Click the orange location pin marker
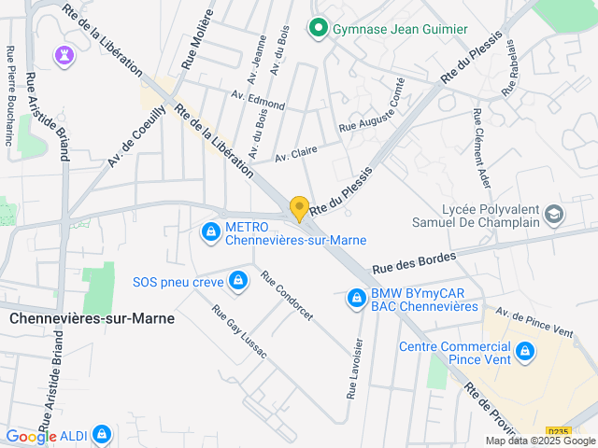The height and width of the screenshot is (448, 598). [x=299, y=209]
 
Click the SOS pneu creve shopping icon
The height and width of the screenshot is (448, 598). [x=238, y=280]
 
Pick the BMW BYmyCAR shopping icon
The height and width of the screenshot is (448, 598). [x=356, y=299]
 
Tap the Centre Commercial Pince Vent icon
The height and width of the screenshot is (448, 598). [x=525, y=352]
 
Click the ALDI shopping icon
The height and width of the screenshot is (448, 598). [x=101, y=435]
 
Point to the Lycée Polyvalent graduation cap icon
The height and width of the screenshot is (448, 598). [x=554, y=216]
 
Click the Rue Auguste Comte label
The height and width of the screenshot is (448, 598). [x=372, y=117]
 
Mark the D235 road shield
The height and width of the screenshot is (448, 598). [x=556, y=431]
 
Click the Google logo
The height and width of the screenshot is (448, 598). [x=31, y=436]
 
